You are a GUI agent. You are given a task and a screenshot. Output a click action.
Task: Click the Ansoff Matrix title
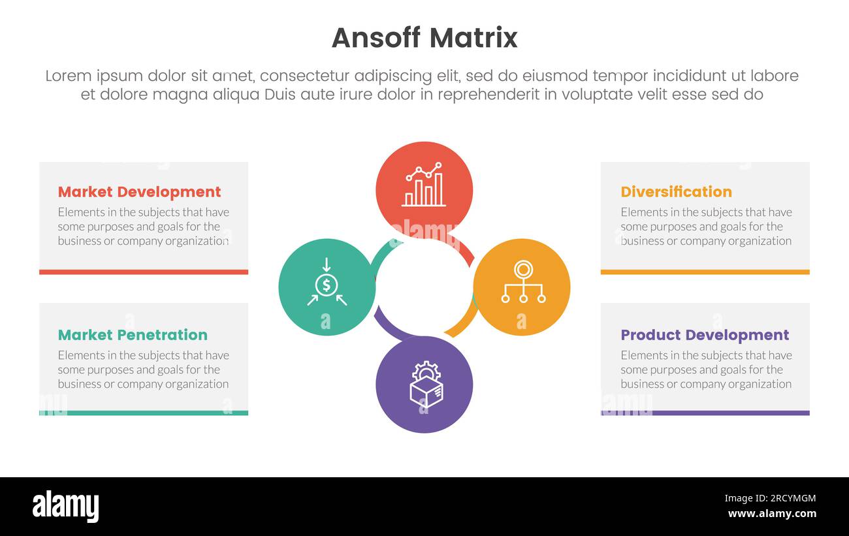424,38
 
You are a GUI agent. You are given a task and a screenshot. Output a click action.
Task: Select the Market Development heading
139,192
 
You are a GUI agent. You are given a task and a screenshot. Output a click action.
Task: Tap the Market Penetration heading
133,335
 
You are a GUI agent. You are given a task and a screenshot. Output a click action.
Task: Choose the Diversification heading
676,192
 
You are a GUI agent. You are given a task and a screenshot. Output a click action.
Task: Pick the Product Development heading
705,335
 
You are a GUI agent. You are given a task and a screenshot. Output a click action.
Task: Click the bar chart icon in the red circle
424,185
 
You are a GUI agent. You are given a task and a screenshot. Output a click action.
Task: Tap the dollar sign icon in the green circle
327,285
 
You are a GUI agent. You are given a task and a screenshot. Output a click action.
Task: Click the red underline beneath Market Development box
144,272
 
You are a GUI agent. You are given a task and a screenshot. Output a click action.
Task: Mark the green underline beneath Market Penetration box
144,413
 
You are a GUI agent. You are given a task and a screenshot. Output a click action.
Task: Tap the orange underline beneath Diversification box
705,272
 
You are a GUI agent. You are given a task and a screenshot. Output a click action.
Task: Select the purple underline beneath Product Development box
705,413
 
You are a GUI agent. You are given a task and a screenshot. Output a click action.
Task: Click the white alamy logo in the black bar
65,507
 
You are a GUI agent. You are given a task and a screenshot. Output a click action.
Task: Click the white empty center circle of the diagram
424,287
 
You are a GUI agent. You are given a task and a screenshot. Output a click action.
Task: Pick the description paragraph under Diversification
706,227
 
